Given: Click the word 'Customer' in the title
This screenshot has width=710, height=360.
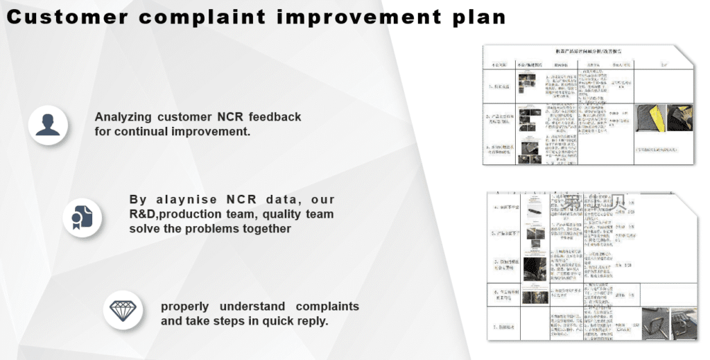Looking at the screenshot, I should (x=66, y=17).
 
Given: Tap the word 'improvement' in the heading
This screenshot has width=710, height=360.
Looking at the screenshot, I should (x=358, y=17).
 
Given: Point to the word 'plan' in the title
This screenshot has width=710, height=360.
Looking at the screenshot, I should (x=479, y=17).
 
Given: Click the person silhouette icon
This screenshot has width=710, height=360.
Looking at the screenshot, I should (x=48, y=125).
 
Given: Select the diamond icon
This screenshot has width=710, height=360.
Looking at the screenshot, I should (x=123, y=309).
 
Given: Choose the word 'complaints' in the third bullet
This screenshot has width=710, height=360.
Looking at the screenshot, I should (x=327, y=307).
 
